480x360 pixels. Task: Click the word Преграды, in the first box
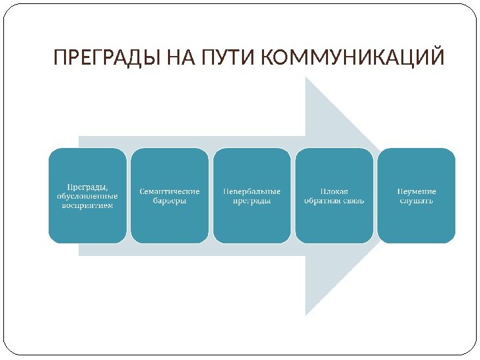tap(87, 187)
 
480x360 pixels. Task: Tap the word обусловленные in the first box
tap(87, 196)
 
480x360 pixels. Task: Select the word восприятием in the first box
tap(87, 205)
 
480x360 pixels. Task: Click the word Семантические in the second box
tap(169, 191)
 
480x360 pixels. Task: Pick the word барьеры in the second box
tap(169, 201)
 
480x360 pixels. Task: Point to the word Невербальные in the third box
tap(252, 191)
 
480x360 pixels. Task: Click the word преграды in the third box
tap(252, 201)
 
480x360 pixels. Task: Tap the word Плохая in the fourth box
tap(334, 191)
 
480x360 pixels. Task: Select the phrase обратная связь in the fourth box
tap(334, 201)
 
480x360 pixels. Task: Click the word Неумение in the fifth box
tap(417, 191)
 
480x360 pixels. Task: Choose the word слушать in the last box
tap(417, 201)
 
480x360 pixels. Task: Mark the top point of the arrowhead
tap(306, 77)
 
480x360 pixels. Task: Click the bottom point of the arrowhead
tap(306, 315)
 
